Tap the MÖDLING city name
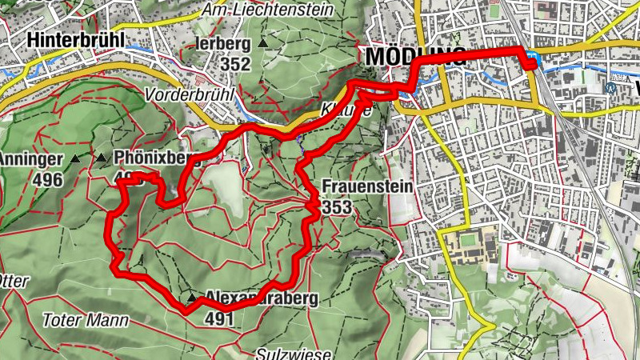pyautogui.click(x=414, y=57)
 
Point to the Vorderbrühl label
pyautogui.click(x=187, y=94)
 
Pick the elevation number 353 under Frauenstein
pyautogui.click(x=337, y=207)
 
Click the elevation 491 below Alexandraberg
pyautogui.click(x=218, y=318)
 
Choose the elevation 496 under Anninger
pyautogui.click(x=48, y=178)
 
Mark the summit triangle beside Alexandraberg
pyautogui.click(x=191, y=298)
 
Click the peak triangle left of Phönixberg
pyautogui.click(x=101, y=158)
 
